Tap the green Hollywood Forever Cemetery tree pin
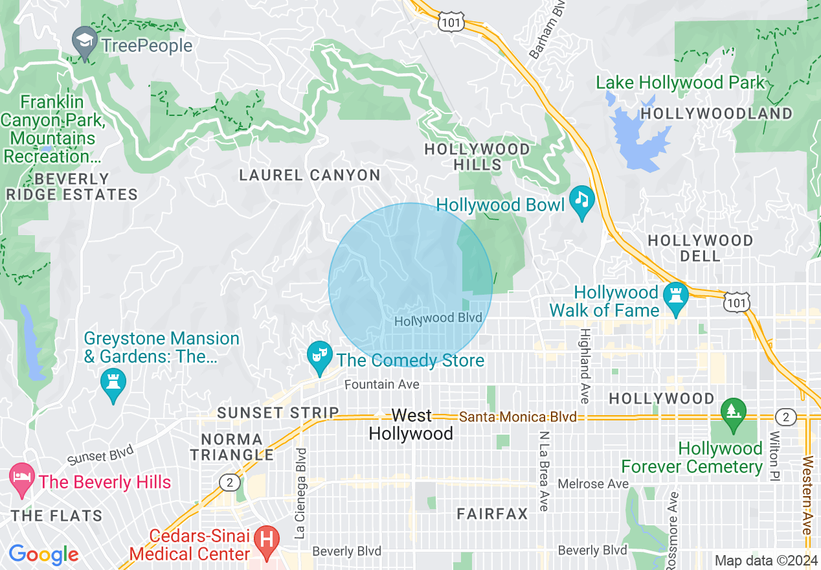click(734, 414)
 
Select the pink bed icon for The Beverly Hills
click(21, 479)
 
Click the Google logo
click(43, 554)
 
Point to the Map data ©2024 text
click(765, 560)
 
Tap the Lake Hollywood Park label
click(680, 83)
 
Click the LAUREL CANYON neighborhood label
click(309, 175)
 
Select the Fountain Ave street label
click(381, 385)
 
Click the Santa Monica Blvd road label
click(518, 418)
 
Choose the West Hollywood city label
click(411, 425)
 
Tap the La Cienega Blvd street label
click(300, 492)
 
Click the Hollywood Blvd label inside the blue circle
click(438, 319)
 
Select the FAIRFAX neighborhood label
click(492, 514)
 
